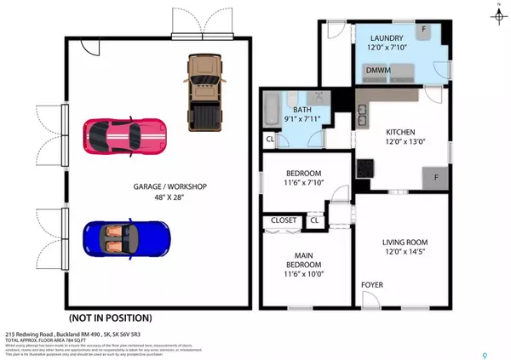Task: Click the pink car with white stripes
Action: (125, 134)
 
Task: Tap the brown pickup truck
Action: (202, 90)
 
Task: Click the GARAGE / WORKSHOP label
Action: (169, 186)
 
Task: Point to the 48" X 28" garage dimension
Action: (169, 197)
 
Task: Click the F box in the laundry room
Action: (423, 29)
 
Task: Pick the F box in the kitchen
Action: (434, 178)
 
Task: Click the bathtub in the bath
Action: (271, 111)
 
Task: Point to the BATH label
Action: (302, 110)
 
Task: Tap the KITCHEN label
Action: (401, 132)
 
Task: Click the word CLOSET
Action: (284, 220)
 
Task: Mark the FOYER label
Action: (373, 284)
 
